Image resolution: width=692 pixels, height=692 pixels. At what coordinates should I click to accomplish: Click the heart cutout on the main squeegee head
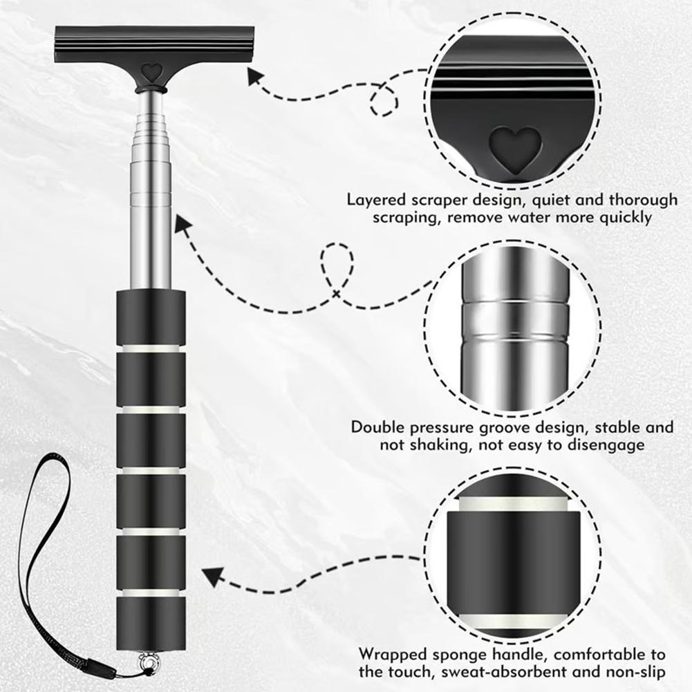tap(152, 71)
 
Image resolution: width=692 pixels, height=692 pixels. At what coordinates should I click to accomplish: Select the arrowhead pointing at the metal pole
tap(183, 224)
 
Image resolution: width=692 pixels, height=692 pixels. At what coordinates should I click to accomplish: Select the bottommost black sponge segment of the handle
tap(151, 622)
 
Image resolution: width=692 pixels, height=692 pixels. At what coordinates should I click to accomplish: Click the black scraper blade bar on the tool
tap(154, 43)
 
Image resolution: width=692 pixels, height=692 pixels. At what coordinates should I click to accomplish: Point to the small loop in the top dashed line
tap(384, 101)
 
